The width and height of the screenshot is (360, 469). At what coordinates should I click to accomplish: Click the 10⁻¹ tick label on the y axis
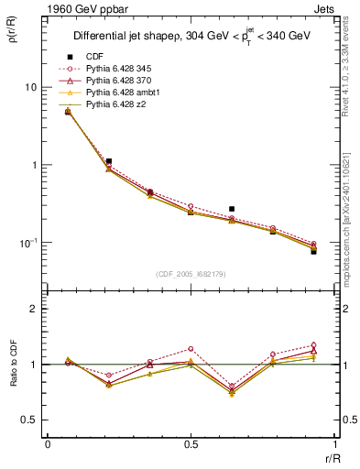27,243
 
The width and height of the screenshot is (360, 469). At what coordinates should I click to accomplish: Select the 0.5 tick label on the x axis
191,444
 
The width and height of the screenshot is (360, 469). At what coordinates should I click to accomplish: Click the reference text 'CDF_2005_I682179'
191,274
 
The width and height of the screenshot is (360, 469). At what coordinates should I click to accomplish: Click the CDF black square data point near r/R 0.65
232,209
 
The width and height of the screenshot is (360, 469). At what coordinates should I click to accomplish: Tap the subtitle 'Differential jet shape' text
128,37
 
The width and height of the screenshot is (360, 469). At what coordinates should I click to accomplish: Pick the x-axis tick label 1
335,444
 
